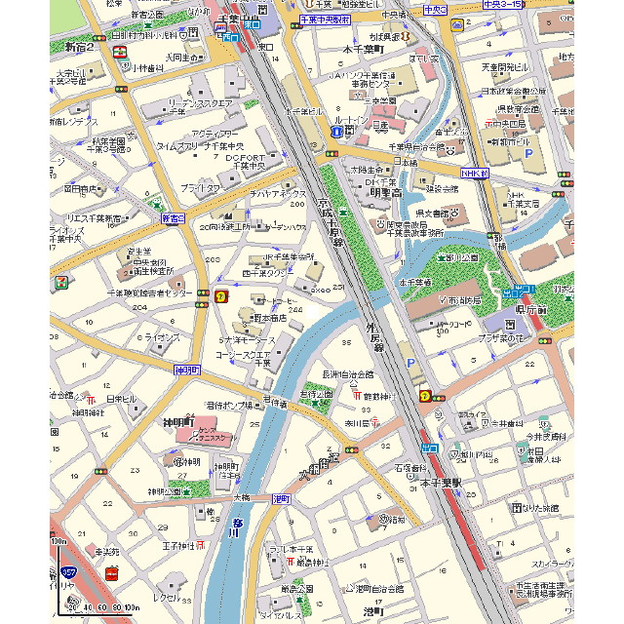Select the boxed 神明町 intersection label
(186, 370)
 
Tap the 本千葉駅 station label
(441, 483)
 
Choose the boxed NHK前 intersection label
(473, 174)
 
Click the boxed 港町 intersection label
(282, 498)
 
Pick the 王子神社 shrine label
(179, 546)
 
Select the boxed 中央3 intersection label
(435, 10)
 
